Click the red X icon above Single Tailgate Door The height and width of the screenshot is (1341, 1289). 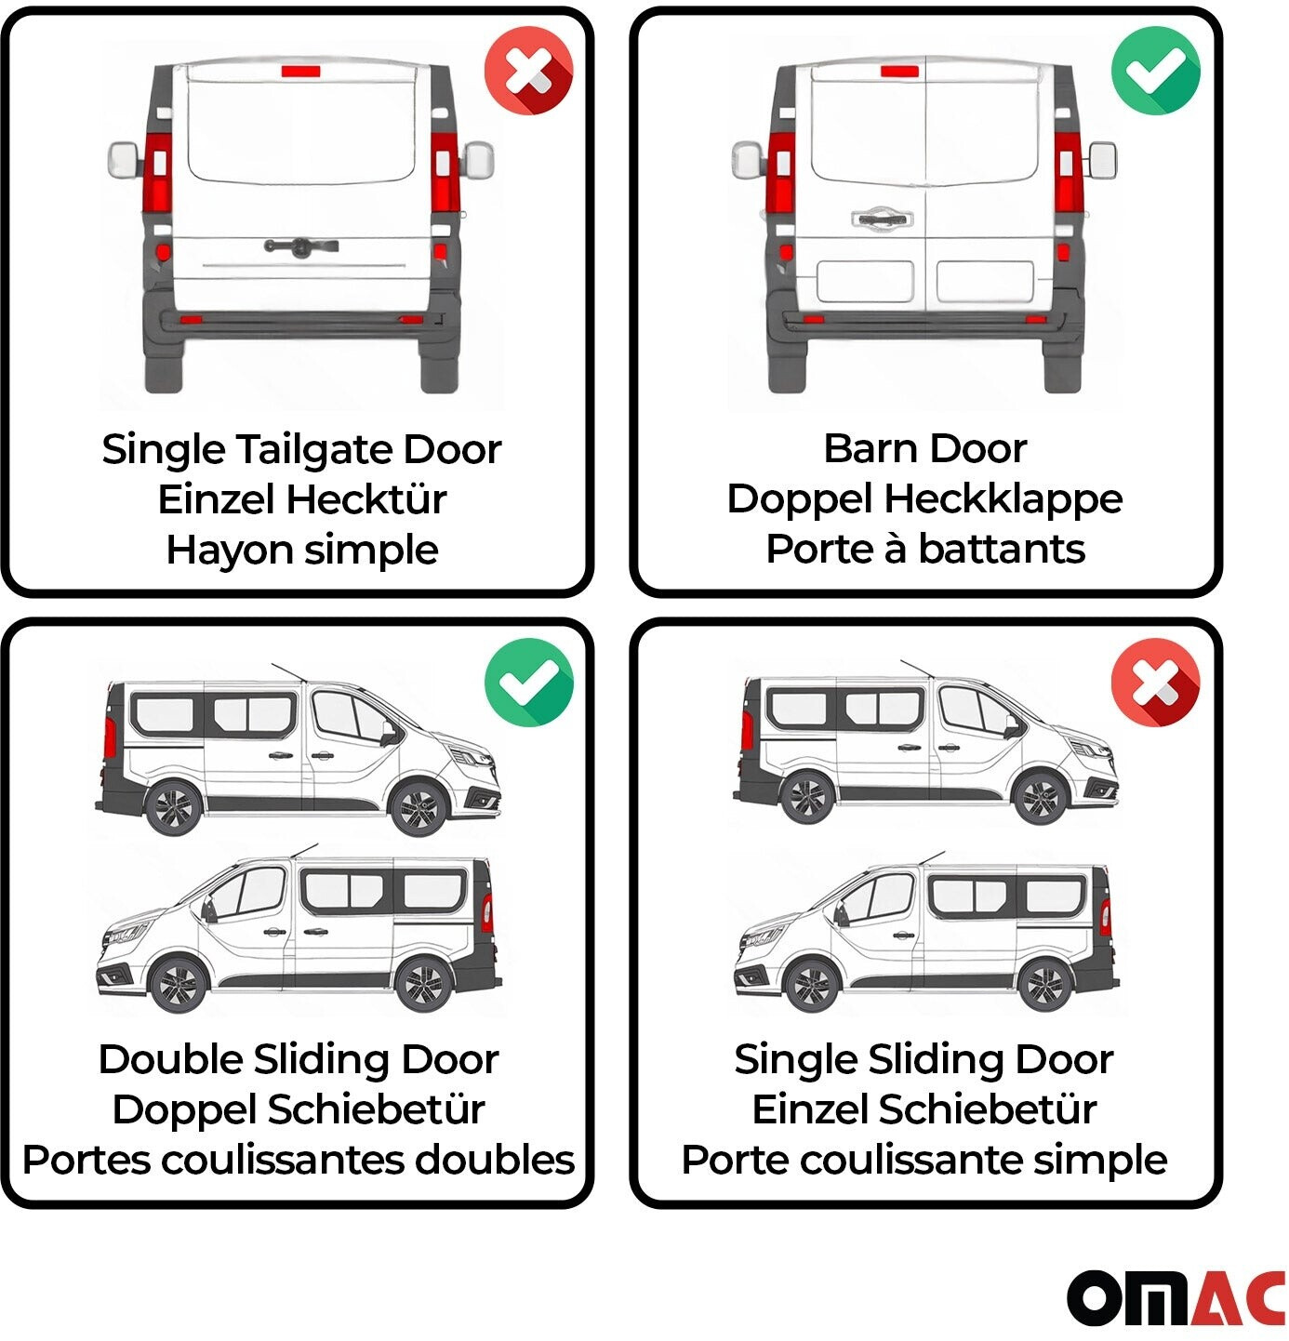pyautogui.click(x=528, y=71)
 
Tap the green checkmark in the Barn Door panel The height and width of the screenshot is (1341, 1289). pyautogui.click(x=1155, y=71)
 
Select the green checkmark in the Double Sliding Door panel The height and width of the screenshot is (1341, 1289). pyautogui.click(x=528, y=683)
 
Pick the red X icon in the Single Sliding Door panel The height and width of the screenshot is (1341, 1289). pyautogui.click(x=1155, y=683)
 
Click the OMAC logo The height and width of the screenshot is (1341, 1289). pyautogui.click(x=1176, y=1298)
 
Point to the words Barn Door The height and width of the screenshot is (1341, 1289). pyautogui.click(x=925, y=448)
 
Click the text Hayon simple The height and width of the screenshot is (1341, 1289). pyautogui.click(x=302, y=551)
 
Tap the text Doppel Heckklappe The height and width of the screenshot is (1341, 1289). pyautogui.click(x=925, y=499)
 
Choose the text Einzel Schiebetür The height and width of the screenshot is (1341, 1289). pyautogui.click(x=924, y=1109)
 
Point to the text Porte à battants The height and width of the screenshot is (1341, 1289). pyautogui.click(x=925, y=550)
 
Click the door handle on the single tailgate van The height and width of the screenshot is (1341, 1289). pyautogui.click(x=301, y=246)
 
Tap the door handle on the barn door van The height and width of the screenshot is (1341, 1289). pyautogui.click(x=882, y=219)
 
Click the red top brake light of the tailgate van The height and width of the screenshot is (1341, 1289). pyautogui.click(x=300, y=71)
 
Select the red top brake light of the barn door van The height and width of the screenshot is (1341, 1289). pyautogui.click(x=899, y=71)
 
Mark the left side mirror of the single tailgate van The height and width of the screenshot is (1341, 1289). pyautogui.click(x=124, y=160)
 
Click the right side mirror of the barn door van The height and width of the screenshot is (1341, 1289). pyautogui.click(x=1101, y=160)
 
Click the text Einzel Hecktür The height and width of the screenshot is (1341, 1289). pyautogui.click(x=302, y=499)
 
